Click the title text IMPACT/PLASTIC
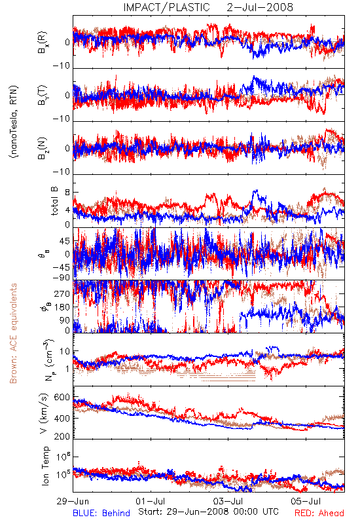tap(167, 7)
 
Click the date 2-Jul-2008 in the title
tap(260, 7)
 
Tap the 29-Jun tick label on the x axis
tap(73, 501)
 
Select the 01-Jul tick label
tap(151, 501)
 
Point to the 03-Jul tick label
tap(228, 501)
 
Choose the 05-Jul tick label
tap(306, 501)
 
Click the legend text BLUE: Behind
tap(101, 514)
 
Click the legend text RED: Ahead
tap(319, 514)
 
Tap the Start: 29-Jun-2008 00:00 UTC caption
tap(208, 512)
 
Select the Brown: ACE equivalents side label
tap(13, 333)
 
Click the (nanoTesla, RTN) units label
tap(14, 121)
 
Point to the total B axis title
tap(54, 201)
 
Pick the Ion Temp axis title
tap(45, 466)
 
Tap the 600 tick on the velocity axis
tap(62, 398)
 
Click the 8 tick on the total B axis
tap(67, 193)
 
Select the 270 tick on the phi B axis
tap(62, 293)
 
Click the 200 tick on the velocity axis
tap(62, 436)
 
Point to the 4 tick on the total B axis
tap(67, 210)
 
